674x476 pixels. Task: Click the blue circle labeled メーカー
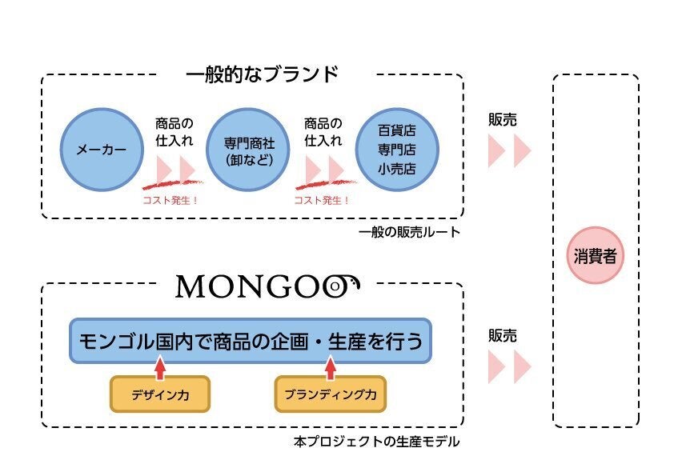[101, 150]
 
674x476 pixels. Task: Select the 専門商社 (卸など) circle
[248, 150]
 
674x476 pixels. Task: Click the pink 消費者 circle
[594, 256]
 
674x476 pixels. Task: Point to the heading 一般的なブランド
[262, 75]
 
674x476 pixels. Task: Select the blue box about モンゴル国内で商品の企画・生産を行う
[251, 341]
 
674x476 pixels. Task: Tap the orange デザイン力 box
[159, 394]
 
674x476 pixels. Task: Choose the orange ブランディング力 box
[330, 394]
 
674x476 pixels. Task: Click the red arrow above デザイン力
[159, 368]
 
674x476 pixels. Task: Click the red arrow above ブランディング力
[330, 368]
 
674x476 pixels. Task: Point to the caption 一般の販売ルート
[409, 232]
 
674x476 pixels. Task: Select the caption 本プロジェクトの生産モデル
[377, 441]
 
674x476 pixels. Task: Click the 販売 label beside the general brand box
[502, 121]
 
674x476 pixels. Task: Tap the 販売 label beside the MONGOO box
[502, 335]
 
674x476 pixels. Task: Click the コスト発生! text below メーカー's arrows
[169, 200]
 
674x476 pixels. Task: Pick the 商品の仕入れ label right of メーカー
[174, 133]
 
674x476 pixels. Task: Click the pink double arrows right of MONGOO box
[510, 366]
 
